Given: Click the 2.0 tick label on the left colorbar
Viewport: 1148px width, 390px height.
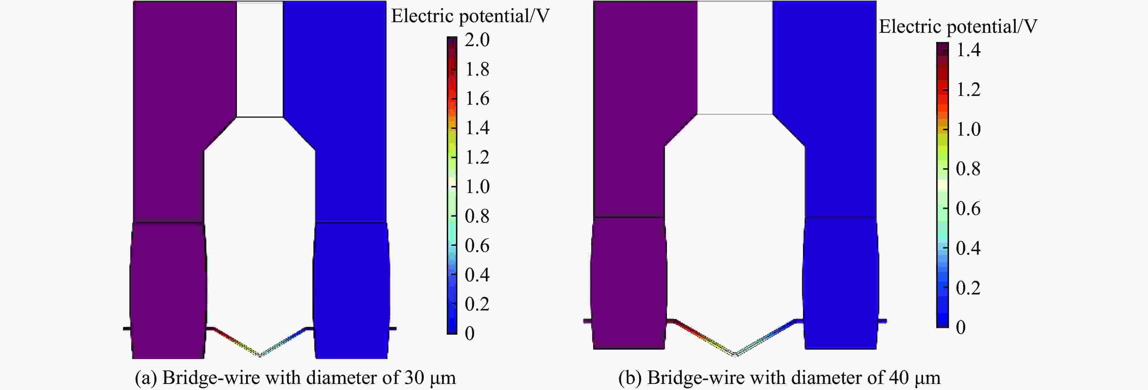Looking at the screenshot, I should point(477,40).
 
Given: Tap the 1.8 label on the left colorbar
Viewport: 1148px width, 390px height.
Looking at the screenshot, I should point(477,70).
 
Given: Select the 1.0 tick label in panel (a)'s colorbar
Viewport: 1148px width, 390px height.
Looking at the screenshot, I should point(477,187).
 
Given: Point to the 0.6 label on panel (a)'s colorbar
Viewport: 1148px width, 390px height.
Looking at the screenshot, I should point(477,245).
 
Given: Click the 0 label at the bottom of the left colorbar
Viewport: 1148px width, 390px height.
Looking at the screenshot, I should point(470,334).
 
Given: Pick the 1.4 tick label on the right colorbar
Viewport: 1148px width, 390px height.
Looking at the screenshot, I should point(968,50).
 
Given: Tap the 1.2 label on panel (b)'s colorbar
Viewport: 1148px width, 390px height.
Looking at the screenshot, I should point(968,90).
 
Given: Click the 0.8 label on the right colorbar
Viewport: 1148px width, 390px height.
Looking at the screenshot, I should point(968,169).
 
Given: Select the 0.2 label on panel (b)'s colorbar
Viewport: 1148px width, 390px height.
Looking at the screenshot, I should point(968,288).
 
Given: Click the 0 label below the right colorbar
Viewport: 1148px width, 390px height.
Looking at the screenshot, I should point(961,327).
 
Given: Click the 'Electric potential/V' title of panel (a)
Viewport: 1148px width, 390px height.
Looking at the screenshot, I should point(470,16).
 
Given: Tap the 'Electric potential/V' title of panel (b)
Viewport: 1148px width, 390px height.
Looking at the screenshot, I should point(958,27).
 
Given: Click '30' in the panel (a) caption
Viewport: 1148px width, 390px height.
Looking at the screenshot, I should point(414,378).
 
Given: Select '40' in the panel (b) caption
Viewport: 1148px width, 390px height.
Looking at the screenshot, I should point(898,378).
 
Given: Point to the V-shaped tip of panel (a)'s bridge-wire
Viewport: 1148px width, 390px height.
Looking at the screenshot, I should point(260,355).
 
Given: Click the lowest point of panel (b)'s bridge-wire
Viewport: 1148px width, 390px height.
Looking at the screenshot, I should point(735,354).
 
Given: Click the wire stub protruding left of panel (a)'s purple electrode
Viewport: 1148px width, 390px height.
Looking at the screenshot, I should point(127,329).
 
